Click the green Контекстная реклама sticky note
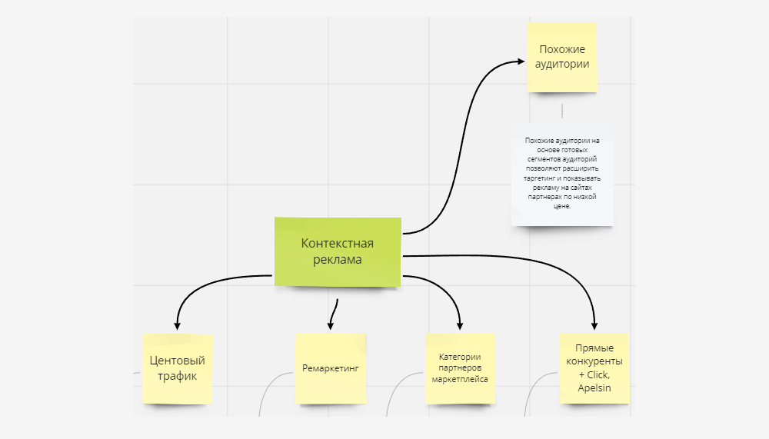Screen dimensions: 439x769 click(338, 251)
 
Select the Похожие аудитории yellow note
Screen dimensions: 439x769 click(562, 57)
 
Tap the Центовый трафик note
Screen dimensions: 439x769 click(178, 368)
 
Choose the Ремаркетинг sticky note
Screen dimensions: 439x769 click(330, 368)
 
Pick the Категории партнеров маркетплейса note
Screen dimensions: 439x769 click(460, 368)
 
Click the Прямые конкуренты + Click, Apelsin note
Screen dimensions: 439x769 click(594, 367)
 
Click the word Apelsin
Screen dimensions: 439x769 click(594, 388)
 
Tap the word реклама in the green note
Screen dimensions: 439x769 click(338, 260)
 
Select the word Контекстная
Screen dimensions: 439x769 click(338, 244)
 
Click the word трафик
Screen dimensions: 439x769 click(178, 376)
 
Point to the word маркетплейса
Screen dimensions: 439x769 click(460, 379)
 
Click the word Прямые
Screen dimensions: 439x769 click(594, 348)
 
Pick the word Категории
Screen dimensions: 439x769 click(460, 357)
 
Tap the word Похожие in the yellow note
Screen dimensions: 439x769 click(562, 49)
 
